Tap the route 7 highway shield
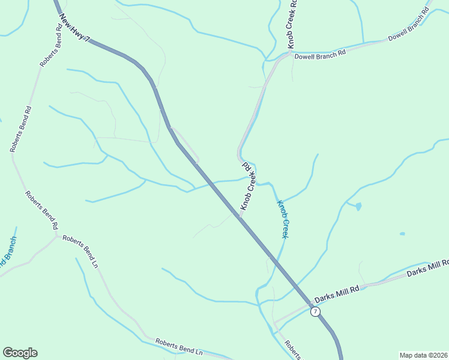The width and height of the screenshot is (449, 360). point(315,312)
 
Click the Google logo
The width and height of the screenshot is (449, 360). point(20,353)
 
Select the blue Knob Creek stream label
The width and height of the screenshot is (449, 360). point(283,219)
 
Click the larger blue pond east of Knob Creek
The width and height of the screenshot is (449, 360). point(358,206)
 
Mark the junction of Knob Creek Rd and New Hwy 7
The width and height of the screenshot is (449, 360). point(239,217)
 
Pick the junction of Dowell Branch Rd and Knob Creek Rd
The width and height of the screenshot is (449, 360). point(290,53)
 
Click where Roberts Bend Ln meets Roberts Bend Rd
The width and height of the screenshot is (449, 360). point(58,235)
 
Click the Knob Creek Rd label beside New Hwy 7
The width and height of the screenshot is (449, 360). point(249,185)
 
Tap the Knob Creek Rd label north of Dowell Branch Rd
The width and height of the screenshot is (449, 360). point(292,24)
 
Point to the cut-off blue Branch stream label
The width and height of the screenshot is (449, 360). point(8,252)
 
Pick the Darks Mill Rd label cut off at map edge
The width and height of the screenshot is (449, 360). point(427,268)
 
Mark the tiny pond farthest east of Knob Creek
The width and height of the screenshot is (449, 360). point(402,233)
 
